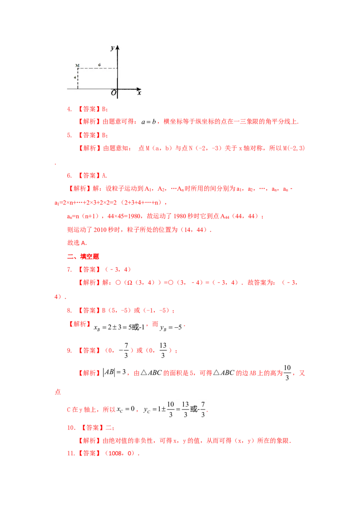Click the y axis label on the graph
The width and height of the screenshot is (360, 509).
tap(112, 48)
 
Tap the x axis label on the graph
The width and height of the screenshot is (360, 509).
tap(139, 93)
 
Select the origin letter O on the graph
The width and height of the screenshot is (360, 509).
tap(113, 93)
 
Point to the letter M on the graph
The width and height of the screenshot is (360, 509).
tap(77, 66)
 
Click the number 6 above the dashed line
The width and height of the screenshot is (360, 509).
tap(99, 65)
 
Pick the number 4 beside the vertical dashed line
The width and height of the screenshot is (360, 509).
tap(75, 78)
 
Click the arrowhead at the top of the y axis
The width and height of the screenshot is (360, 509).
tap(117, 48)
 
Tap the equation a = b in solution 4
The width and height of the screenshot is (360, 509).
tap(148, 122)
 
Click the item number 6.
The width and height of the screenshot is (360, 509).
tap(69, 176)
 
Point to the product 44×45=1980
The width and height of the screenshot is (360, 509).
tap(126, 216)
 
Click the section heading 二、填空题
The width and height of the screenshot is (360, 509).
tap(83, 256)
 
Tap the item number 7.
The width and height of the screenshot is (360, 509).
tap(69, 269)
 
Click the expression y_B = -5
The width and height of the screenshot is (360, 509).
tap(171, 327)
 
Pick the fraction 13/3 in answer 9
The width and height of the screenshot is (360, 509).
tap(163, 350)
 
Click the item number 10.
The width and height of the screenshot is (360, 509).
tap(71, 428)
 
